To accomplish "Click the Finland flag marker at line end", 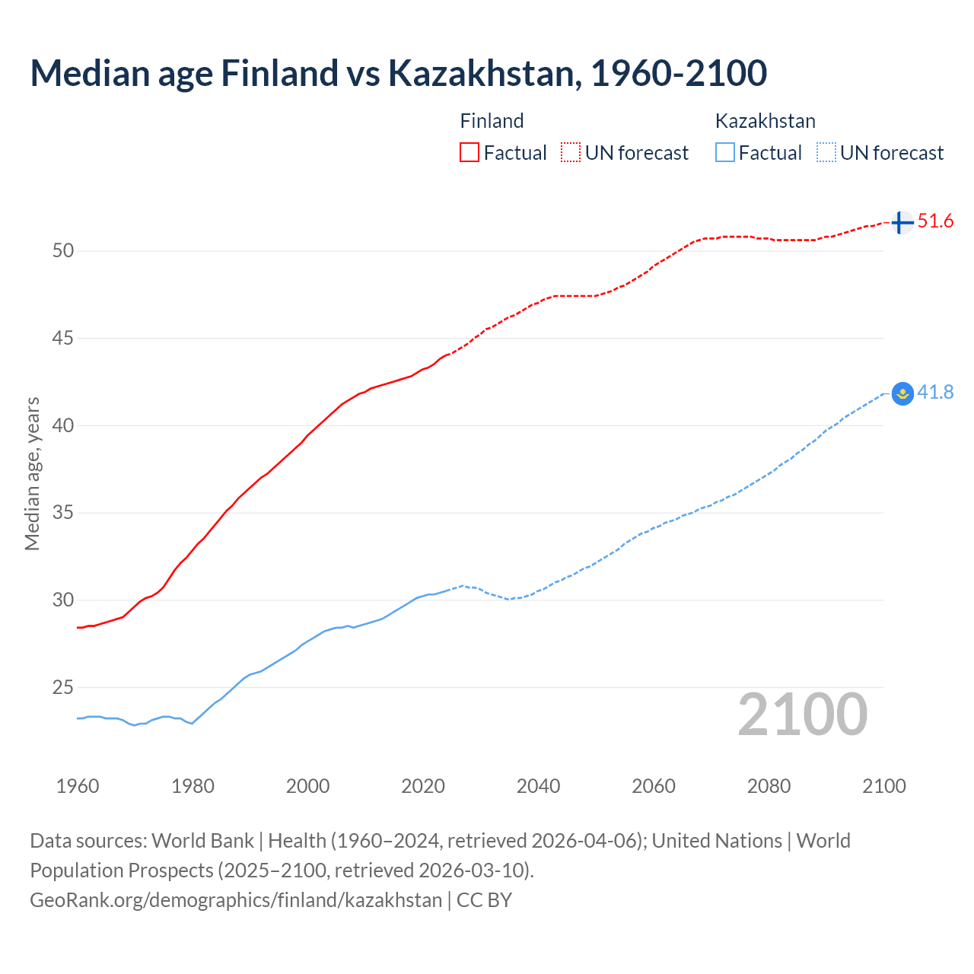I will pos(902,222).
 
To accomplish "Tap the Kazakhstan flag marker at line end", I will pos(902,393).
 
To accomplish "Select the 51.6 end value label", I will pos(935,221).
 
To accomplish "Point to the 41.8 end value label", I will pos(935,392).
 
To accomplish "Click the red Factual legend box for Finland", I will pos(469,152).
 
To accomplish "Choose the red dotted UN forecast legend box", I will pos(571,152).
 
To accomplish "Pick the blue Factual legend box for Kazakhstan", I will pos(725,152).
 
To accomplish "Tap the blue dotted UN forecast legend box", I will pos(826,152).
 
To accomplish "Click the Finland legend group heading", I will pos(492,121).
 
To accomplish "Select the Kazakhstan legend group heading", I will pos(765,121).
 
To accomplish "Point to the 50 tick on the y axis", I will pos(63,250).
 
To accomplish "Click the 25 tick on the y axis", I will pos(63,687).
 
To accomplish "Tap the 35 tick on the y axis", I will pos(63,513).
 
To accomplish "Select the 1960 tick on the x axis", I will pos(78,786).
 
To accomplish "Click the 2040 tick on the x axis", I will pos(538,786).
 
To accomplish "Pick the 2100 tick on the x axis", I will pos(883,786).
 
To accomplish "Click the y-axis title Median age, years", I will pos(32,473).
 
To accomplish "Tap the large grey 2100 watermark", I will pos(802,714).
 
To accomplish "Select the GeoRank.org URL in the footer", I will pos(236,900).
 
